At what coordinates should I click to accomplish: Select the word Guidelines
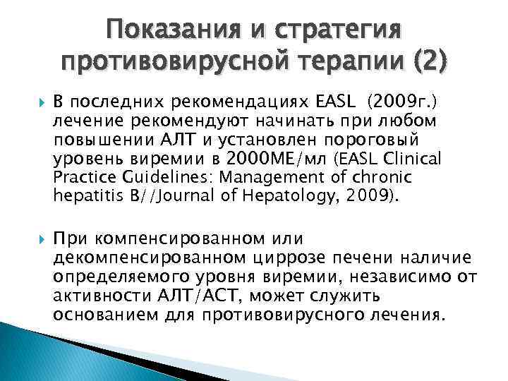(144, 177)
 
